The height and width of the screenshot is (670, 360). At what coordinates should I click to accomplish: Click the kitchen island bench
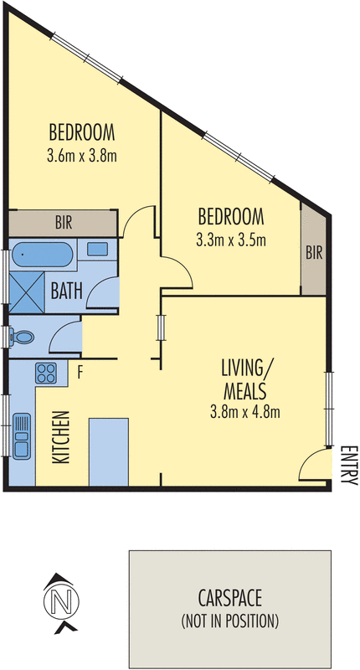pyautogui.click(x=108, y=451)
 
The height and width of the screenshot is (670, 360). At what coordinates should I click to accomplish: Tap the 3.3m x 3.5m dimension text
pyautogui.click(x=230, y=240)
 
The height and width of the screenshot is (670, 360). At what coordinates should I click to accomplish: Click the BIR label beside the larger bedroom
pyautogui.click(x=63, y=224)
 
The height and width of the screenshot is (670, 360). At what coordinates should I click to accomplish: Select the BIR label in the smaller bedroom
pyautogui.click(x=314, y=251)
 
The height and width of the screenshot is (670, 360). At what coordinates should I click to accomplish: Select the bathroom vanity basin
pyautogui.click(x=96, y=249)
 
